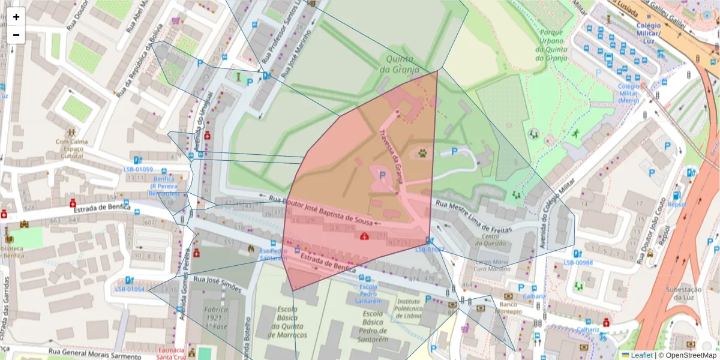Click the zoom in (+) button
coord(16,17)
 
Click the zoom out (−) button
coord(16,35)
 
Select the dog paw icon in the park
coord(424,153)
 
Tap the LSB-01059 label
coord(137,169)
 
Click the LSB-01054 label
coord(130,289)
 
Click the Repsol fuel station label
coord(677,204)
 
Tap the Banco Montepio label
coord(508,308)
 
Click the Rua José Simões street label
coord(217,284)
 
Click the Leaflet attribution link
coord(641,355)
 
